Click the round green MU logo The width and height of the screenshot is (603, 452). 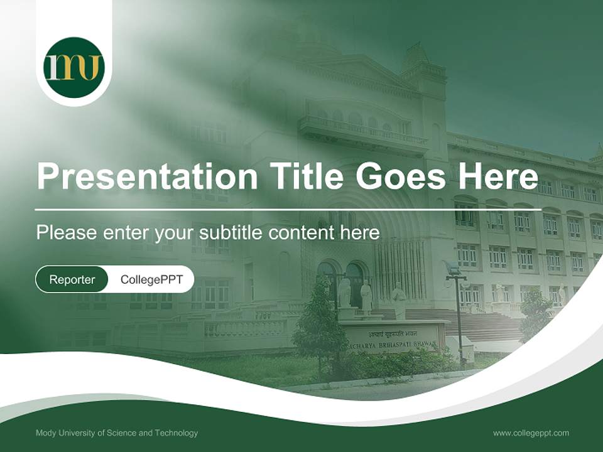pyautogui.click(x=73, y=67)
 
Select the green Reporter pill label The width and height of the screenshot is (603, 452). pyautogui.click(x=72, y=279)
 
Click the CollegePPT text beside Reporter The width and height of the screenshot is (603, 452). pyautogui.click(x=151, y=279)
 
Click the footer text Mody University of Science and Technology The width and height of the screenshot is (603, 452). pyautogui.click(x=117, y=433)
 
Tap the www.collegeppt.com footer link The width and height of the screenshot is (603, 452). pyautogui.click(x=531, y=433)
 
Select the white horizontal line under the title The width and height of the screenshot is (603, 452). pyautogui.click(x=288, y=209)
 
